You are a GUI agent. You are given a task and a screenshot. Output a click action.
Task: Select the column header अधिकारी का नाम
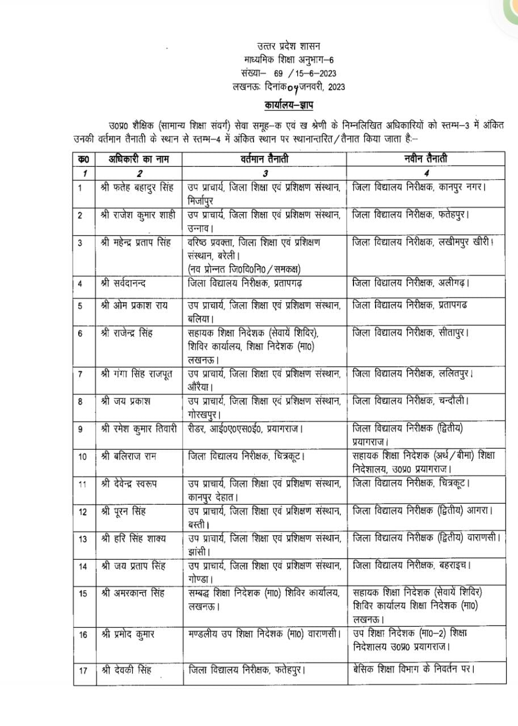tap(137, 159)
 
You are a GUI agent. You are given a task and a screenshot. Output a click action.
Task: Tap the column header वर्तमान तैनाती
tap(264, 159)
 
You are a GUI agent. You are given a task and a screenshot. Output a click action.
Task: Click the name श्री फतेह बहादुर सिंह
tap(137, 187)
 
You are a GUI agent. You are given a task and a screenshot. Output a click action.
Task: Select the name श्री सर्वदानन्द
tap(127, 282)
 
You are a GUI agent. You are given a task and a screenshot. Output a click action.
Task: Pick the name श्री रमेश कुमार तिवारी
tap(138, 429)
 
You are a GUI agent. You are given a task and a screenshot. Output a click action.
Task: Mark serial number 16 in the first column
tap(83, 634)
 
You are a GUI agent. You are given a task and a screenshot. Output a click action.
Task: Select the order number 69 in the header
tap(278, 73)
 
